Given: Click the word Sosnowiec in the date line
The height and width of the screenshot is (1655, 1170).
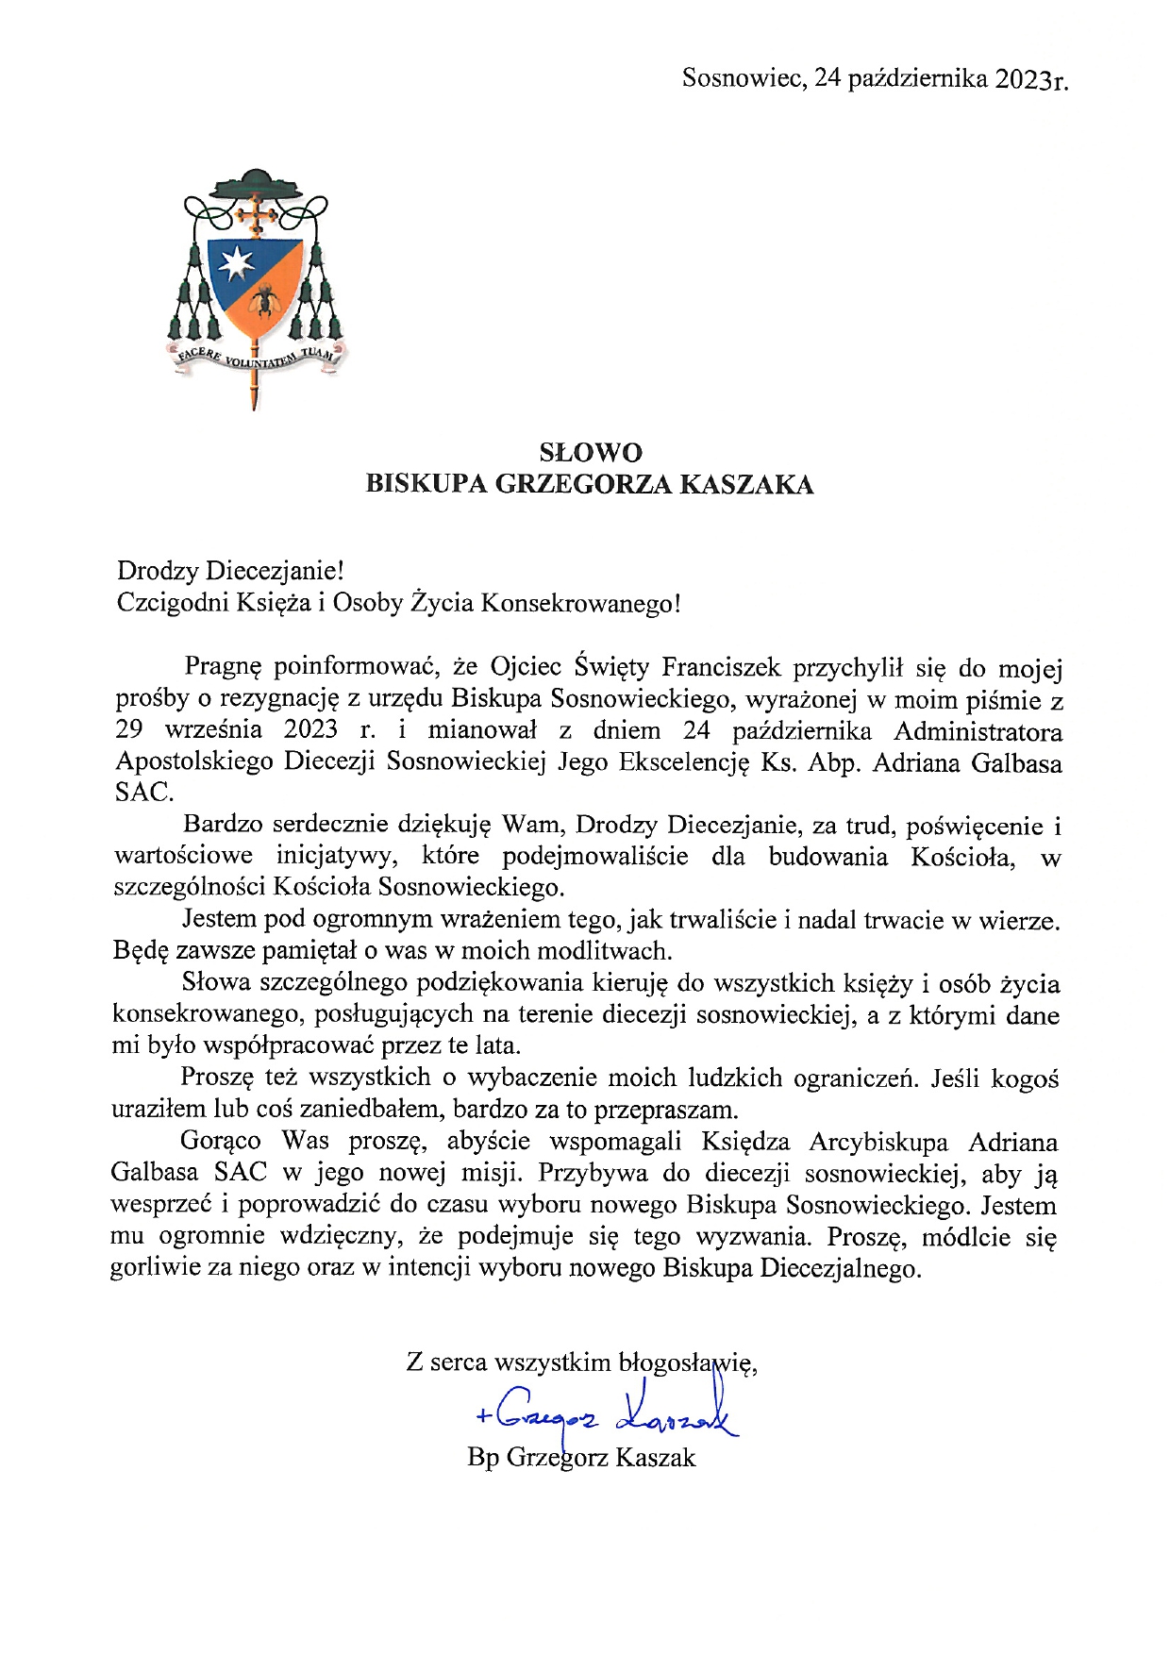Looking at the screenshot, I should [x=743, y=77].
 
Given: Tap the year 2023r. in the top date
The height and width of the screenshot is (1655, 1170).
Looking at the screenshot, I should [x=1031, y=79].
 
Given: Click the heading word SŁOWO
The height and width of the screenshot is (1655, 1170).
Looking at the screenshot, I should [x=591, y=453].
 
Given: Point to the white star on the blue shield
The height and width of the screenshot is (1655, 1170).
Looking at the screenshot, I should [x=232, y=265].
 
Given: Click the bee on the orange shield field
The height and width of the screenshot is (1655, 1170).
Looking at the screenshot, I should [x=267, y=299].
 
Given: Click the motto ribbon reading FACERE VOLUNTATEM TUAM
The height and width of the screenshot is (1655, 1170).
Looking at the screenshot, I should [x=256, y=359].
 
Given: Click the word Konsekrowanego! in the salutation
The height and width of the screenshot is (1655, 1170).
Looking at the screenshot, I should [x=580, y=603].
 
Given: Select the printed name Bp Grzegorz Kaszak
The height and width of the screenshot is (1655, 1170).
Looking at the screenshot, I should [x=581, y=1458].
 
